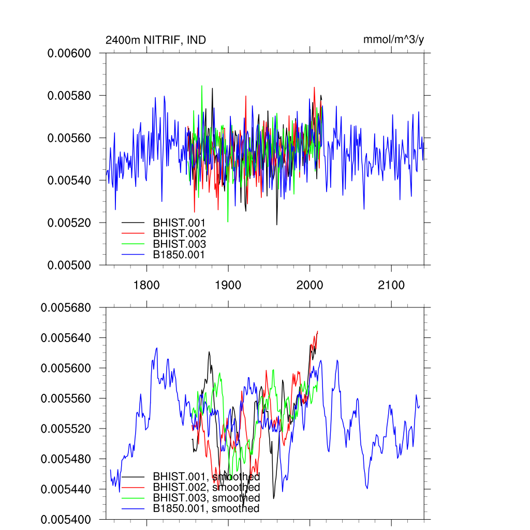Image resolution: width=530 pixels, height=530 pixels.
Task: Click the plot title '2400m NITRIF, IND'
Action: (x=156, y=40)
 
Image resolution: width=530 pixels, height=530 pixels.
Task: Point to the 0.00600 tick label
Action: (x=69, y=53)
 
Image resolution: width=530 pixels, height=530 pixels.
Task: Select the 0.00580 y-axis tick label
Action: (x=69, y=96)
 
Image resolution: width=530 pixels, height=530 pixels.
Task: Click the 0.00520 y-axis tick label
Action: (x=69, y=223)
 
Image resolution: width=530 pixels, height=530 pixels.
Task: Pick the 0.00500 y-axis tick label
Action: (x=69, y=265)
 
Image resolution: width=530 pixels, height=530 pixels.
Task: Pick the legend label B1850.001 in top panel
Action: (x=179, y=255)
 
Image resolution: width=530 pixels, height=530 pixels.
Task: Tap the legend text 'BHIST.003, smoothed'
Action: (x=206, y=498)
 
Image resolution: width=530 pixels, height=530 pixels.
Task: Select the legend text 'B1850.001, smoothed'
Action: (x=206, y=509)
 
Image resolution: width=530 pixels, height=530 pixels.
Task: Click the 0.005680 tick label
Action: (x=67, y=307)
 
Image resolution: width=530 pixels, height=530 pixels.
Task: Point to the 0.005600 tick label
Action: (x=67, y=368)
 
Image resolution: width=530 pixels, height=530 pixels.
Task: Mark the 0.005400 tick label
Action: (x=67, y=519)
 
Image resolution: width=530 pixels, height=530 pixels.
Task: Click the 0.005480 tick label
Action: (x=67, y=459)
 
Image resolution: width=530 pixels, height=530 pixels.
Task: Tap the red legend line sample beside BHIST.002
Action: (x=133, y=233)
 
